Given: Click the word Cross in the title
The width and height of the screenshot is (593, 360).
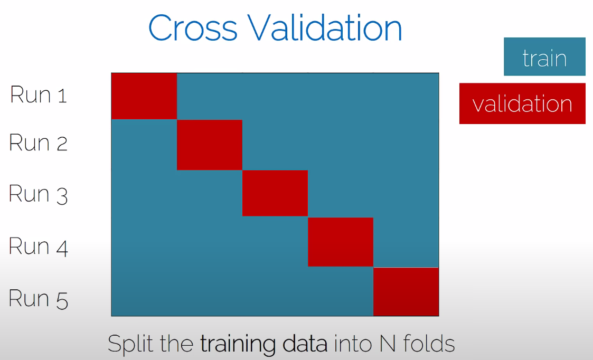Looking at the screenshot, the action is pyautogui.click(x=193, y=29).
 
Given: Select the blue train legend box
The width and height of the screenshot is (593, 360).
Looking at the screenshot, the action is pyautogui.click(x=544, y=56).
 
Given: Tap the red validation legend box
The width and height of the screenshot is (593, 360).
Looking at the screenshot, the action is pyautogui.click(x=522, y=103).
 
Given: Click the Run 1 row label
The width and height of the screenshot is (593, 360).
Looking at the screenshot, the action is pyautogui.click(x=39, y=94).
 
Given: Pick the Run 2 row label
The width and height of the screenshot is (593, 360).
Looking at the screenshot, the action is pyautogui.click(x=38, y=143).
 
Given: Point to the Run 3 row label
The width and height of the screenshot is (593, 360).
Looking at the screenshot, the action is pyautogui.click(x=38, y=194).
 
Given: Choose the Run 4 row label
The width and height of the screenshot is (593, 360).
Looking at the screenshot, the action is pyautogui.click(x=38, y=247).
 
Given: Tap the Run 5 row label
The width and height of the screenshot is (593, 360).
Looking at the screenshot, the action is pyautogui.click(x=38, y=299).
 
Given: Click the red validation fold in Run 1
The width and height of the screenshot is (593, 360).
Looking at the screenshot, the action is pyautogui.click(x=144, y=97).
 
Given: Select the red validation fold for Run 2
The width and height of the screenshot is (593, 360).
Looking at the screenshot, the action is pyautogui.click(x=210, y=145).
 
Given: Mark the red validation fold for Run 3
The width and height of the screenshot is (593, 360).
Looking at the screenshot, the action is pyautogui.click(x=275, y=193).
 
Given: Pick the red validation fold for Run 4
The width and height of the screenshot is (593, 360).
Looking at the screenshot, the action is pyautogui.click(x=341, y=242).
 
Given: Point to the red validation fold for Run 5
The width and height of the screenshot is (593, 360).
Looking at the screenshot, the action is pyautogui.click(x=406, y=291).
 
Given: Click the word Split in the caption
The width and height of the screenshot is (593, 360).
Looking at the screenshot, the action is pyautogui.click(x=131, y=344).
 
